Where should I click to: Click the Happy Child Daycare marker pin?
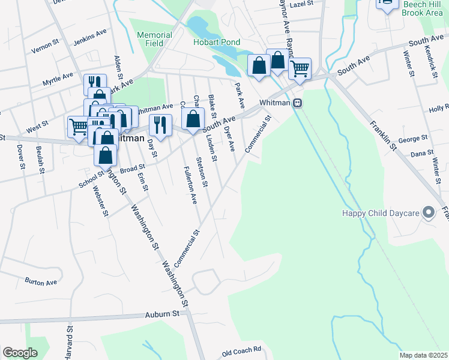tap(429, 212)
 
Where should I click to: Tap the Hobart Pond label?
tap(217, 42)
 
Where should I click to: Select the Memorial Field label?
tap(154, 40)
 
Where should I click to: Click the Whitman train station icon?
tap(297, 103)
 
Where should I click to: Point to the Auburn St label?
tap(162, 314)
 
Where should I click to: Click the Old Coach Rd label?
tap(242, 349)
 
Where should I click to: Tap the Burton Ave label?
tap(41, 281)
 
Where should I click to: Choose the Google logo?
tap(20, 352)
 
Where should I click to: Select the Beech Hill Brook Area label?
tap(423, 9)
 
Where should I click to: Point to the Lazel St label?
tap(302, 4)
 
